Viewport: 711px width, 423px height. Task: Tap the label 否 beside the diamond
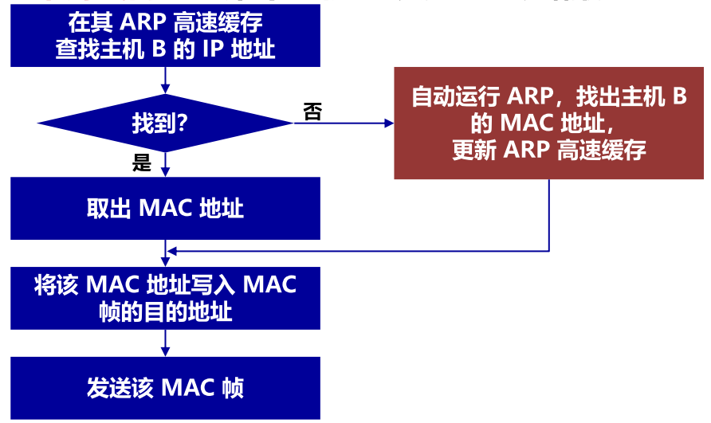click(313, 112)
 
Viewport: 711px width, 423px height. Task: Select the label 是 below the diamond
click(142, 164)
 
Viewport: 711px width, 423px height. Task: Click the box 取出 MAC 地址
click(165, 208)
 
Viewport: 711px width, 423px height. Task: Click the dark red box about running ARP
click(549, 123)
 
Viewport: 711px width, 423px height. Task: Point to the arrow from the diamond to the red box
click(343, 123)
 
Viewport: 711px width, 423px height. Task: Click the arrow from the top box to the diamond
click(165, 79)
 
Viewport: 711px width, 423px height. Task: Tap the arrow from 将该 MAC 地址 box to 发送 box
click(165, 343)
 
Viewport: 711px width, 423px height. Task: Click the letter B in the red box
click(678, 97)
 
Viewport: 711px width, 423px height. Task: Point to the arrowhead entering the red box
click(390, 123)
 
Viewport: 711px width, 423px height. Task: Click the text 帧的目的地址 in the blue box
click(165, 311)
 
